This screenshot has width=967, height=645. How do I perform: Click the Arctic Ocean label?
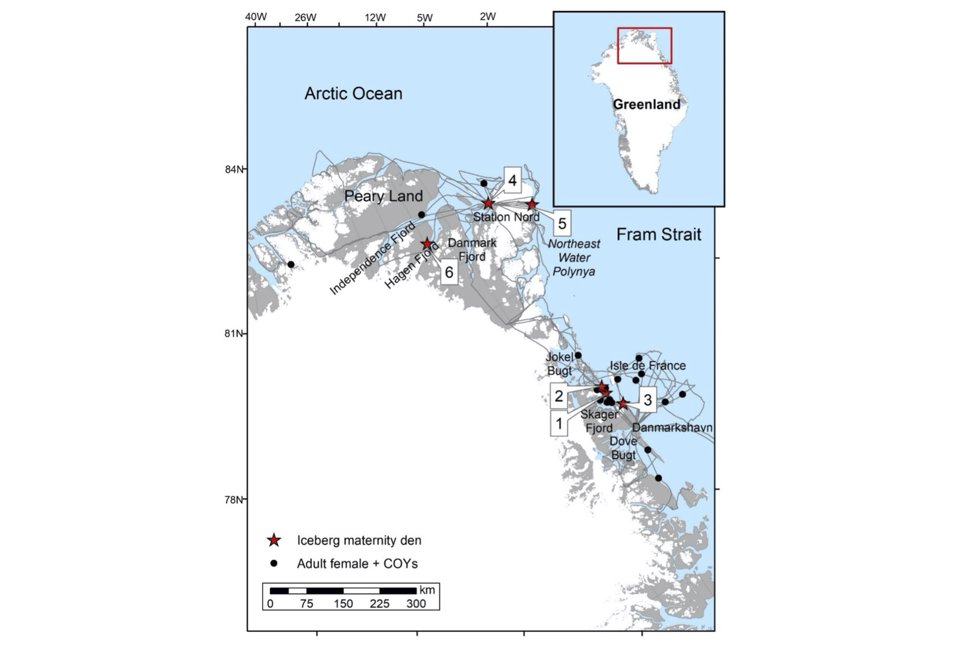point(353,94)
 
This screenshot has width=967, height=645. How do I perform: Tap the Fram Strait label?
point(659,234)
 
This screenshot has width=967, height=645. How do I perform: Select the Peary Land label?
point(383,196)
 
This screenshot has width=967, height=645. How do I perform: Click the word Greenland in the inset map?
point(646,104)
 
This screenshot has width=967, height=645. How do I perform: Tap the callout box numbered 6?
point(449,272)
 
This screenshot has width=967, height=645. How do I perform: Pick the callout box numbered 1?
point(559,423)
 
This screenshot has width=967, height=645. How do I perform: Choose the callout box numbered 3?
point(648,400)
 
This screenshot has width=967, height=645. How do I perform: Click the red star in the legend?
point(274,540)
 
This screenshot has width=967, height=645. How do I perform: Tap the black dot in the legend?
point(274,563)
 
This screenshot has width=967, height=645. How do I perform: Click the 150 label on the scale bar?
point(343,603)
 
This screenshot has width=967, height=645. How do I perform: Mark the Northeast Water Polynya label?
point(574,257)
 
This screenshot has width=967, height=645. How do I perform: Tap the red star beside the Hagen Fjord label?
point(427,243)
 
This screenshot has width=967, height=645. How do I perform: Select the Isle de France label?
point(648,365)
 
